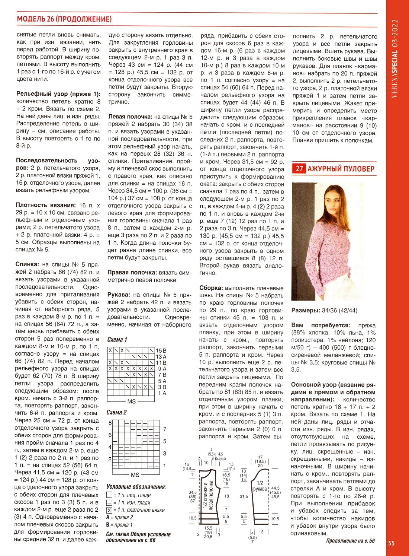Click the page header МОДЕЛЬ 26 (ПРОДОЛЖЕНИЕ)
click(64, 19)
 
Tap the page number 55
click(392, 543)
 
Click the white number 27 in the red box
click(299, 169)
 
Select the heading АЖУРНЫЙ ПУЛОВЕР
click(341, 169)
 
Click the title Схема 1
click(117, 339)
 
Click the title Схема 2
click(116, 412)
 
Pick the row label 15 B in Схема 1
click(161, 350)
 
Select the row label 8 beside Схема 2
click(110, 423)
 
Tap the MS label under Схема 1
click(132, 401)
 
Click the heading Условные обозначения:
click(136, 487)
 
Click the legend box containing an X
click(109, 510)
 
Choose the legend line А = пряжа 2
click(119, 517)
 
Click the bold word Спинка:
click(27, 264)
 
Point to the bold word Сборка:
click(211, 288)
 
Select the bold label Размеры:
click(306, 310)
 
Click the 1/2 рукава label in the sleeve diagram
click(260, 486)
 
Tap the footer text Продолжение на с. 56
click(350, 541)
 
